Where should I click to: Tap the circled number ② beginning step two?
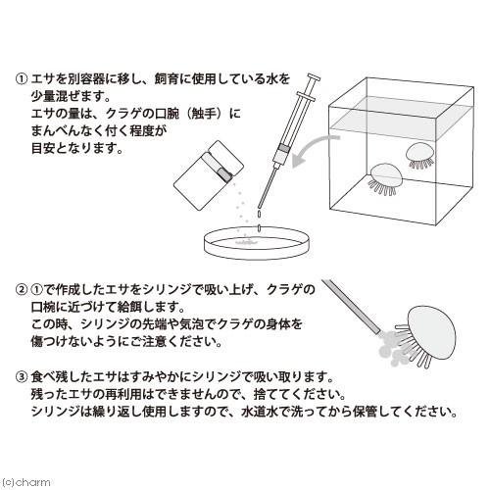22,290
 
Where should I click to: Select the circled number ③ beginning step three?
22,376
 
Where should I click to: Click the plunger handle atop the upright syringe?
315,82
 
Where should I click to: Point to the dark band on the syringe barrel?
283,150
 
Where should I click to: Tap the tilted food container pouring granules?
214,172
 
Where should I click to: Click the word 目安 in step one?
44,149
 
